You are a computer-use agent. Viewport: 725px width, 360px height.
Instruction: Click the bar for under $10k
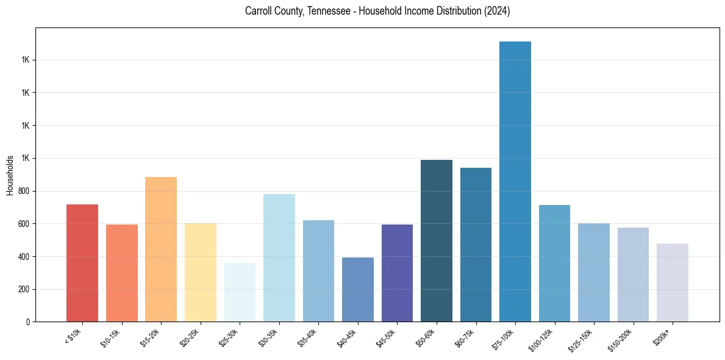(82, 263)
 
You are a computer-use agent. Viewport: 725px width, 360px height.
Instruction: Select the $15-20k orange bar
(161, 249)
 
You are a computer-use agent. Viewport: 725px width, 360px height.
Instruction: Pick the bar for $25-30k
(240, 292)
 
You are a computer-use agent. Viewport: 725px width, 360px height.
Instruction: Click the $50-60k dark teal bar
(437, 240)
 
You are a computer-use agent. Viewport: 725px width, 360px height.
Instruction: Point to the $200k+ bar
(673, 283)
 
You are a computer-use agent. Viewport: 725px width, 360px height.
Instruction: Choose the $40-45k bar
(358, 289)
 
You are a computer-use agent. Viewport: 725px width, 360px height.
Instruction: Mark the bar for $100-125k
(554, 263)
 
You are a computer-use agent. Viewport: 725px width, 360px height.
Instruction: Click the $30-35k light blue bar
(279, 257)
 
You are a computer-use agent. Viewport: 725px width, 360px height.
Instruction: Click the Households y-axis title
(10, 175)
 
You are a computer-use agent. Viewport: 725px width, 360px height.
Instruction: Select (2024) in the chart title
(496, 11)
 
